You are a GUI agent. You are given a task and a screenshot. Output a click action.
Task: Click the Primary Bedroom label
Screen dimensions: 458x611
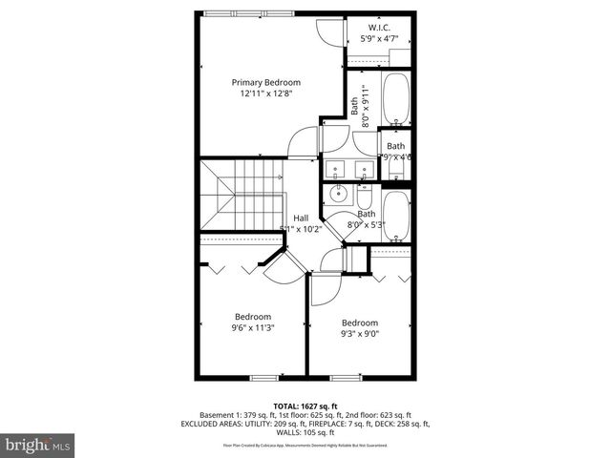265,83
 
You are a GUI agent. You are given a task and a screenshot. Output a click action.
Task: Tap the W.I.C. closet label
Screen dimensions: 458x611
379,27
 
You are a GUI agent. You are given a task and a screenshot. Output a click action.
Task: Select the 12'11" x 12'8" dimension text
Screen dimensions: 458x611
265,94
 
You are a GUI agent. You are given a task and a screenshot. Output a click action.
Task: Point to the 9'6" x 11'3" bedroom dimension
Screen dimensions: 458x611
253,328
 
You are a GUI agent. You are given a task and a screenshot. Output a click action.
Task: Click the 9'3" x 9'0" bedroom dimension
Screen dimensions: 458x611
360,334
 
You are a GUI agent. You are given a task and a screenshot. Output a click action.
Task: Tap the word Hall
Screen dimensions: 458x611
301,217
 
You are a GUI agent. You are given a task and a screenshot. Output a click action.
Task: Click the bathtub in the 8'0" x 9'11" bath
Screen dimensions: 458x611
394,98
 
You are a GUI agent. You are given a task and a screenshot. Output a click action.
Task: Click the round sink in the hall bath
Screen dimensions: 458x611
337,195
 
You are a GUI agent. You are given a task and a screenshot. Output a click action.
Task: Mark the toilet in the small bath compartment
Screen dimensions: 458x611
395,169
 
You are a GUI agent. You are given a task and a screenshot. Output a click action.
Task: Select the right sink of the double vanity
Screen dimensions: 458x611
364,170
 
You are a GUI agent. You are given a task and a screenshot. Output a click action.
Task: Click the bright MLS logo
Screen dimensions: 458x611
38,445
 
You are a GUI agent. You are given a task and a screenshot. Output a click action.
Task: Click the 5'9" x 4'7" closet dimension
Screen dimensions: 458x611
379,39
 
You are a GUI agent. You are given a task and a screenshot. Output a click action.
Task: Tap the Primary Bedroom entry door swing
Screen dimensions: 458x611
303,143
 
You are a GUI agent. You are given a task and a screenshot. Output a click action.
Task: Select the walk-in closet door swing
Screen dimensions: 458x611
329,31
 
